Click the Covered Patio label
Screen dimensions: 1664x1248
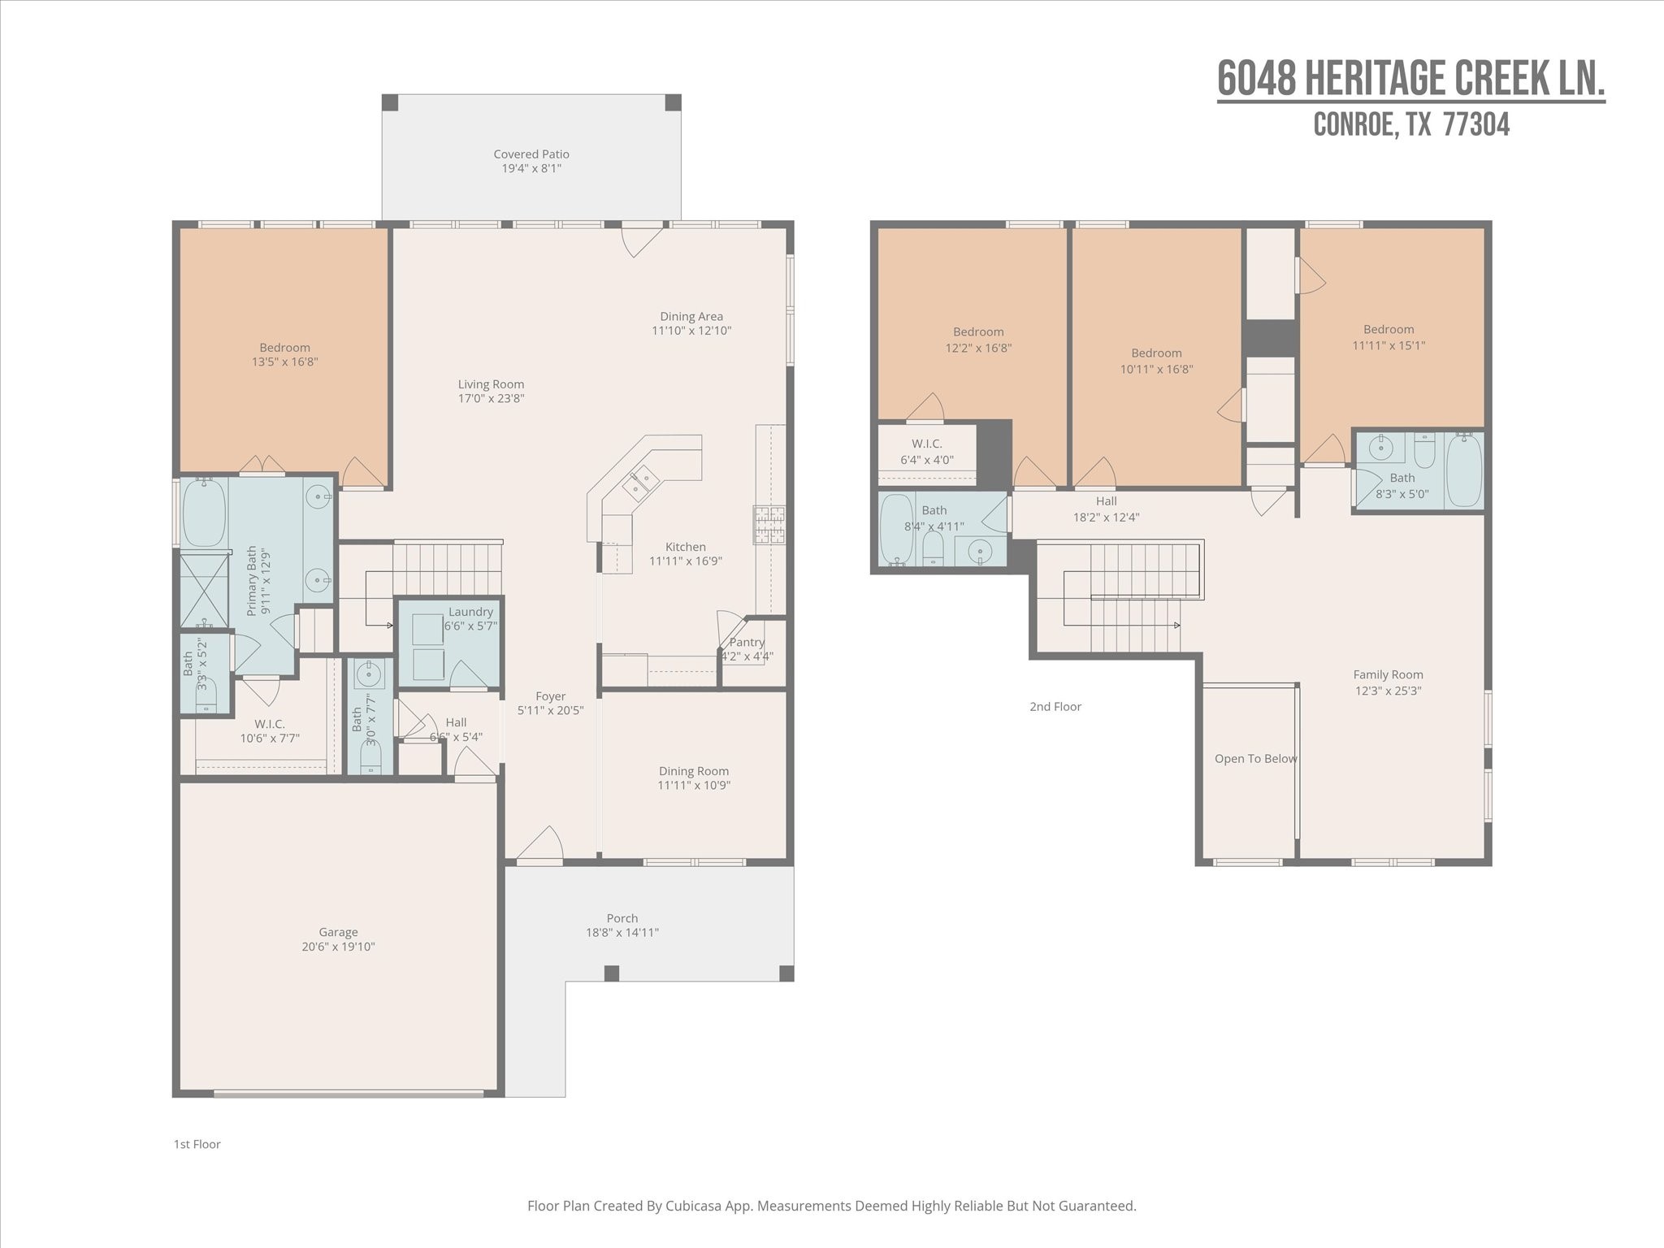(531, 154)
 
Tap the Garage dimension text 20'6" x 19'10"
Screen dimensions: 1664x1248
(338, 947)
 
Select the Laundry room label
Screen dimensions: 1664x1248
(470, 612)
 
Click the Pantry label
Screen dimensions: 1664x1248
(747, 642)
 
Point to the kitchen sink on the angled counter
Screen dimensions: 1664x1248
(640, 482)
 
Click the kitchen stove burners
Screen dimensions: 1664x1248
(769, 524)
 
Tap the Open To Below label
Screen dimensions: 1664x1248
(1255, 759)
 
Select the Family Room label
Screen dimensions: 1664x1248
(1388, 674)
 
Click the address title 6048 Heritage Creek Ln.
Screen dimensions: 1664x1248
(1411, 79)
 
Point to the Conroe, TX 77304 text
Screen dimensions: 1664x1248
(1411, 124)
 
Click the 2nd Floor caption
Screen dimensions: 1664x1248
(1055, 707)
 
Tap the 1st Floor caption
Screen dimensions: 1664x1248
(197, 1144)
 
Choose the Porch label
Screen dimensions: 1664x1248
(622, 918)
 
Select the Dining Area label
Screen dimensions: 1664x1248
(691, 317)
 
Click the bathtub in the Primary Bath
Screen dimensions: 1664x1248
(204, 513)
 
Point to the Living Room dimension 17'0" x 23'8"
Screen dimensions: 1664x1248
(491, 398)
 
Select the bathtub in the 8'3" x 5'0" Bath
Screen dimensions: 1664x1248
(1464, 470)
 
